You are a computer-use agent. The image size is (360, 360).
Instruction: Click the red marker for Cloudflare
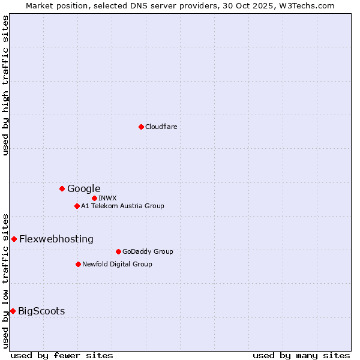tap(141, 127)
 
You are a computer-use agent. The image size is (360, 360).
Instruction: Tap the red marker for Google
tap(62, 188)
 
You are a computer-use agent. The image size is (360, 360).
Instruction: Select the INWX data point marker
tap(94, 198)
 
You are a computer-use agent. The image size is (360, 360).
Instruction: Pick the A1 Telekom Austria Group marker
tap(77, 206)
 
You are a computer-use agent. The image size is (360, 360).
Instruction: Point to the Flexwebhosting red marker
tap(14, 239)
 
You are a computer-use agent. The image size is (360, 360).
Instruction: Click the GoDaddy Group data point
tap(118, 251)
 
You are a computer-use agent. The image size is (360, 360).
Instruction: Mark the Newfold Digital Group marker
tap(78, 264)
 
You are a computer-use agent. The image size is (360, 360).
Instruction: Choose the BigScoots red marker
tap(13, 311)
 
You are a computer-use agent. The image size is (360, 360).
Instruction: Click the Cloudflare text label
tap(161, 127)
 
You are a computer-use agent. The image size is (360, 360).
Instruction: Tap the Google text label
tap(84, 188)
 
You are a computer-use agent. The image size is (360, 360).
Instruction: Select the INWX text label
tap(107, 198)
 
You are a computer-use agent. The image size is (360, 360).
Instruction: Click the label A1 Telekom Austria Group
tap(122, 206)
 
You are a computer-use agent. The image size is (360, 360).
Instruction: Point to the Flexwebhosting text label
tap(56, 239)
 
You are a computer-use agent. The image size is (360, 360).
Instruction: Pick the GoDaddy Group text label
tap(148, 251)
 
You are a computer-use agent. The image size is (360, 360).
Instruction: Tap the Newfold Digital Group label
tap(117, 264)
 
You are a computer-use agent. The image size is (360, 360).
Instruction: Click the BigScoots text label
tap(41, 311)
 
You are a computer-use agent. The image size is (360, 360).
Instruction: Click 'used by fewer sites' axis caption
tap(62, 355)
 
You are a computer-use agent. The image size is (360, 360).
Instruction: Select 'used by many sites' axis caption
tap(301, 355)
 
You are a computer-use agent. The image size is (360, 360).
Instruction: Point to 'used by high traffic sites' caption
tap(6, 85)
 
